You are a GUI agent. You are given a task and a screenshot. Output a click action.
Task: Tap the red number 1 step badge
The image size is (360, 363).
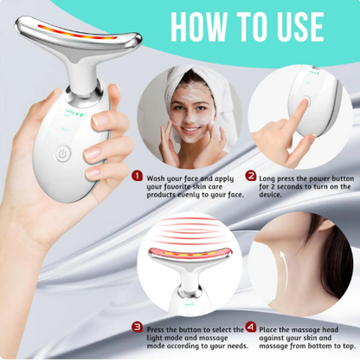(x=138, y=176)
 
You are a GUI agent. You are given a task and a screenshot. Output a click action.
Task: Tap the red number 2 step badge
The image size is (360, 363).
(x=251, y=176)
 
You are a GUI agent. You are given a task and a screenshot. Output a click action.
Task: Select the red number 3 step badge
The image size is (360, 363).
(x=138, y=327)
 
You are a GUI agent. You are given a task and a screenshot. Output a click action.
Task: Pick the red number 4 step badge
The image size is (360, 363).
(x=251, y=327)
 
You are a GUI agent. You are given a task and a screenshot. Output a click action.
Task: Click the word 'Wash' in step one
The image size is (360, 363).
(x=158, y=176)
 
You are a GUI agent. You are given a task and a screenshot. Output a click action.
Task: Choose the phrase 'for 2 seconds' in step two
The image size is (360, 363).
(x=286, y=185)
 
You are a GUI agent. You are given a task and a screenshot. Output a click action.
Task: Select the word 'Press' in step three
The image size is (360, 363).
(x=159, y=327)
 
